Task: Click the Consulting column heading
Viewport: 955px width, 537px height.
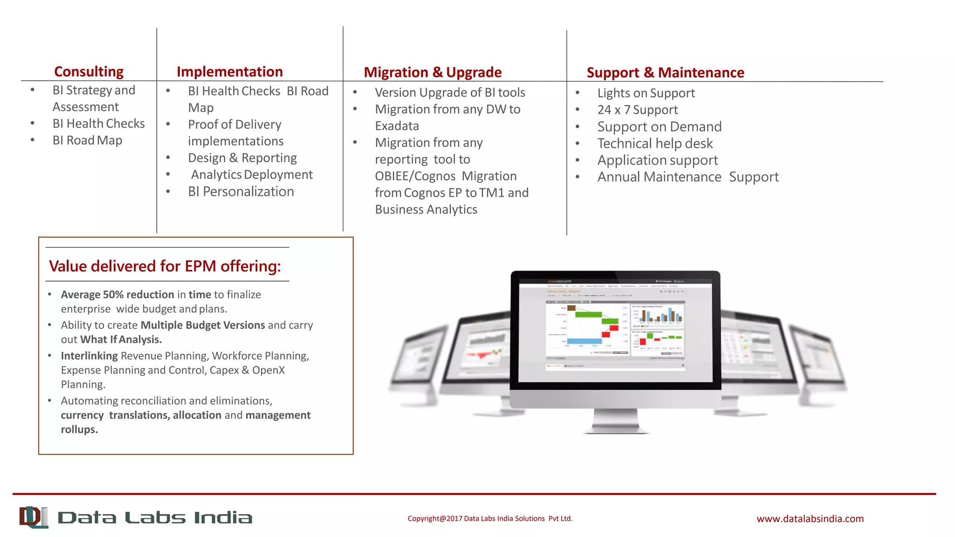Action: click(x=89, y=72)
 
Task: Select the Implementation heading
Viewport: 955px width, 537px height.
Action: click(x=229, y=72)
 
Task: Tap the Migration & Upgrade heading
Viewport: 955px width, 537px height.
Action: click(x=432, y=73)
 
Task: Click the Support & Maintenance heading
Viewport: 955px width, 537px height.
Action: click(x=665, y=73)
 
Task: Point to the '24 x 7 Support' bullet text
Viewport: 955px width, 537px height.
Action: click(x=637, y=110)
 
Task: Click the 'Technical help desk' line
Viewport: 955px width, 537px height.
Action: click(x=655, y=144)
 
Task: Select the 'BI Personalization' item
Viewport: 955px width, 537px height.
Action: click(x=241, y=192)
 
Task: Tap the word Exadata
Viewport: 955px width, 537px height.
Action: click(x=397, y=126)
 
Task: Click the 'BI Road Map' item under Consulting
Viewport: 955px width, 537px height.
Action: click(x=87, y=140)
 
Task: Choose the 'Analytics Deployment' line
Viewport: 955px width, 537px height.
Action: click(x=252, y=175)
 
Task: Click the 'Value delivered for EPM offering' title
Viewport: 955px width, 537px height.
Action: click(x=165, y=266)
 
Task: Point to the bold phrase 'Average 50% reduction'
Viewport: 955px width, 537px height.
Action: click(x=117, y=295)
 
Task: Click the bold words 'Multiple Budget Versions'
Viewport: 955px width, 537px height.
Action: click(x=202, y=325)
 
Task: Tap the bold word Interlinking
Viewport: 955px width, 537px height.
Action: click(x=89, y=356)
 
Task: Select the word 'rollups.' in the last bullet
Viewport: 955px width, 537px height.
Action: click(x=79, y=429)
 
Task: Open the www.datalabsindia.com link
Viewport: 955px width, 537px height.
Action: click(x=810, y=519)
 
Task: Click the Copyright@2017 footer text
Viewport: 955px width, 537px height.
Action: click(x=490, y=518)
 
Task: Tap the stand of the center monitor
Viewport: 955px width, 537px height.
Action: click(x=616, y=421)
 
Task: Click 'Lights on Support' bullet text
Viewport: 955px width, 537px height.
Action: click(x=646, y=93)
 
